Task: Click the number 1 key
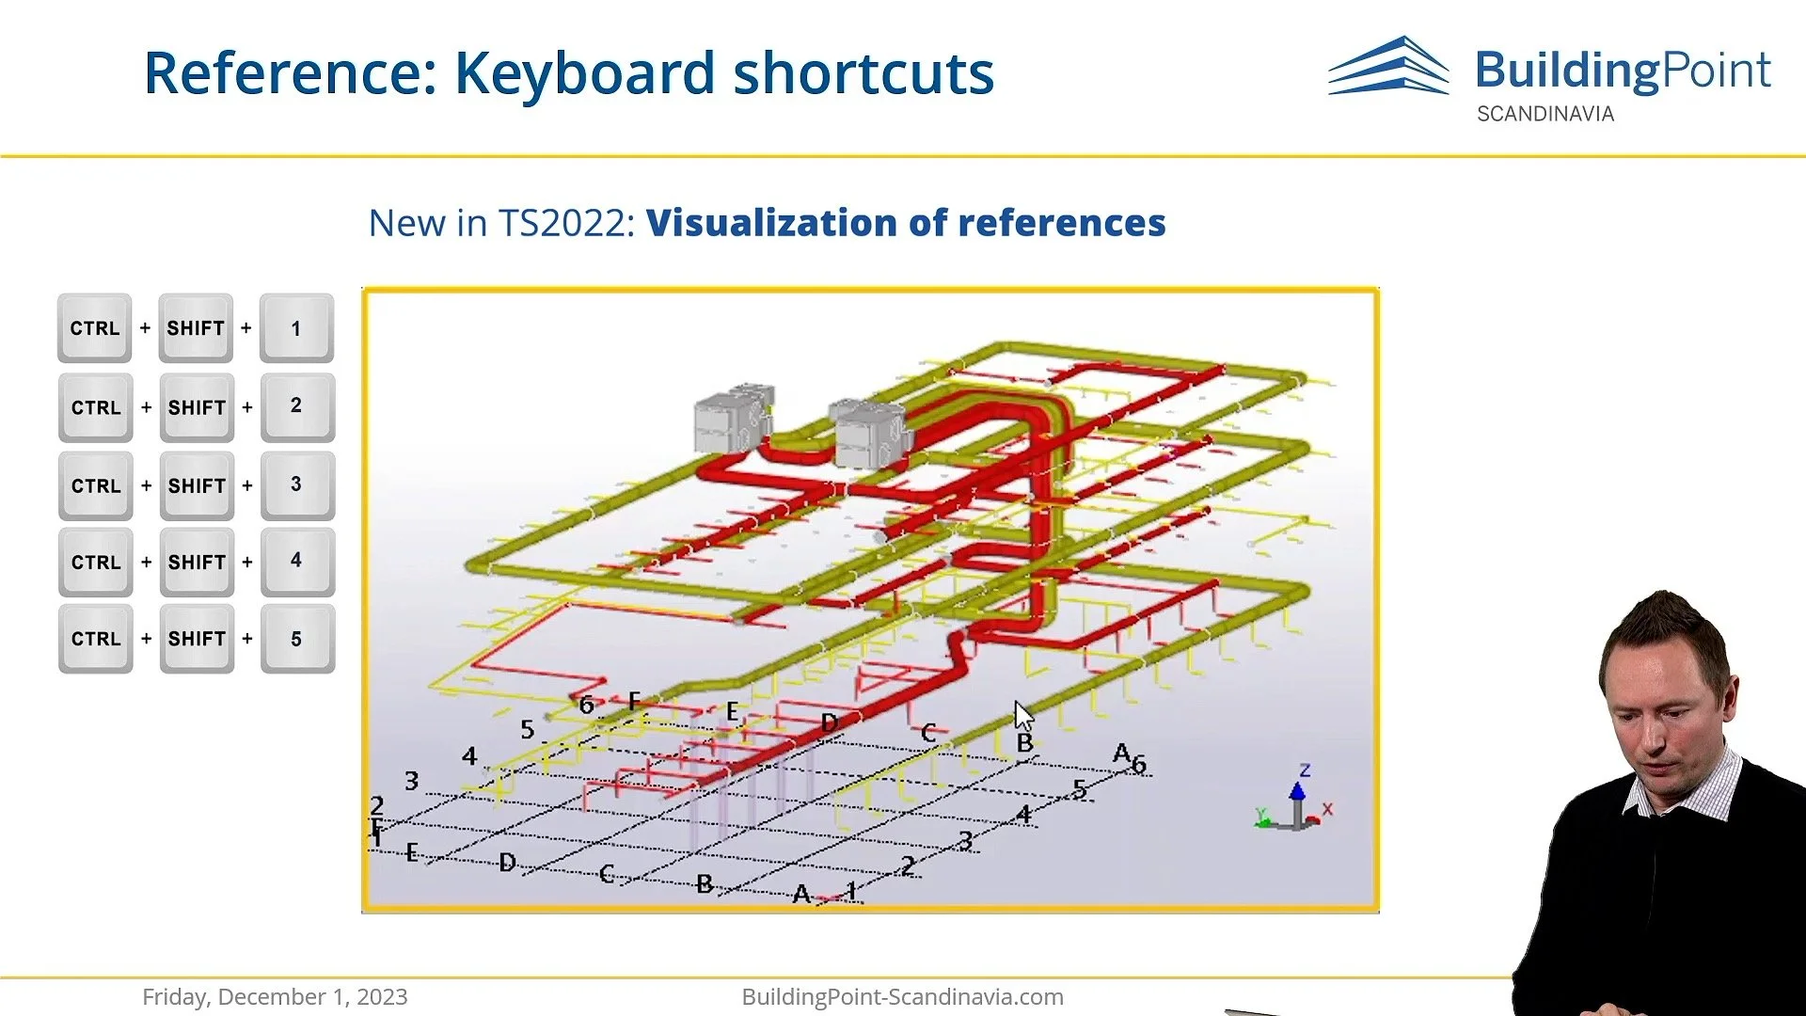(296, 328)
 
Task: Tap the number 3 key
(296, 484)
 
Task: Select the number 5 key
(296, 639)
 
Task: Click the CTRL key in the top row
(95, 328)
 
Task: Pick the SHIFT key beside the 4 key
(197, 563)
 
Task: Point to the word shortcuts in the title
(863, 73)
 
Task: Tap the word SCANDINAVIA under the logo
(1545, 114)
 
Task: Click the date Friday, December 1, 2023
(275, 996)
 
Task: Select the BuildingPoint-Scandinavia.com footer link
(902, 996)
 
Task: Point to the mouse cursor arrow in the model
(1022, 716)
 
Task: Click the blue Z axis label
(1305, 770)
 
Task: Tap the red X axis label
(1327, 809)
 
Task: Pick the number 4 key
(296, 561)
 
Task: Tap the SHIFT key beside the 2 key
(197, 407)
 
